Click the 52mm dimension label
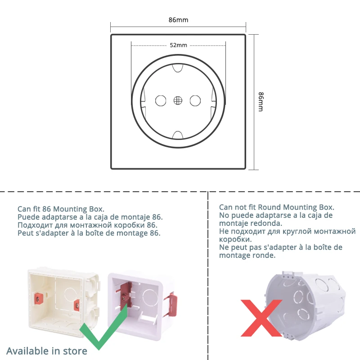coord(178,45)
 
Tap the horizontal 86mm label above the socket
coord(178,20)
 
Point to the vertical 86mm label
coord(261,102)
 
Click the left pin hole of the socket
coord(160,100)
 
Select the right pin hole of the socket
coord(195,100)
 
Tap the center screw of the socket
coord(178,100)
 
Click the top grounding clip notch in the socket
coord(178,67)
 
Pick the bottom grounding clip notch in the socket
coord(178,135)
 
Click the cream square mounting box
coord(63,300)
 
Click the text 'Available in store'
coord(47,351)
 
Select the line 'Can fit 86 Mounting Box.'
coord(61,209)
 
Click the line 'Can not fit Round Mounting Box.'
coord(277,207)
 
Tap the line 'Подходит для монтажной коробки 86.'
coord(88,225)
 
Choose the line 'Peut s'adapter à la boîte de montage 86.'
coord(89,233)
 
